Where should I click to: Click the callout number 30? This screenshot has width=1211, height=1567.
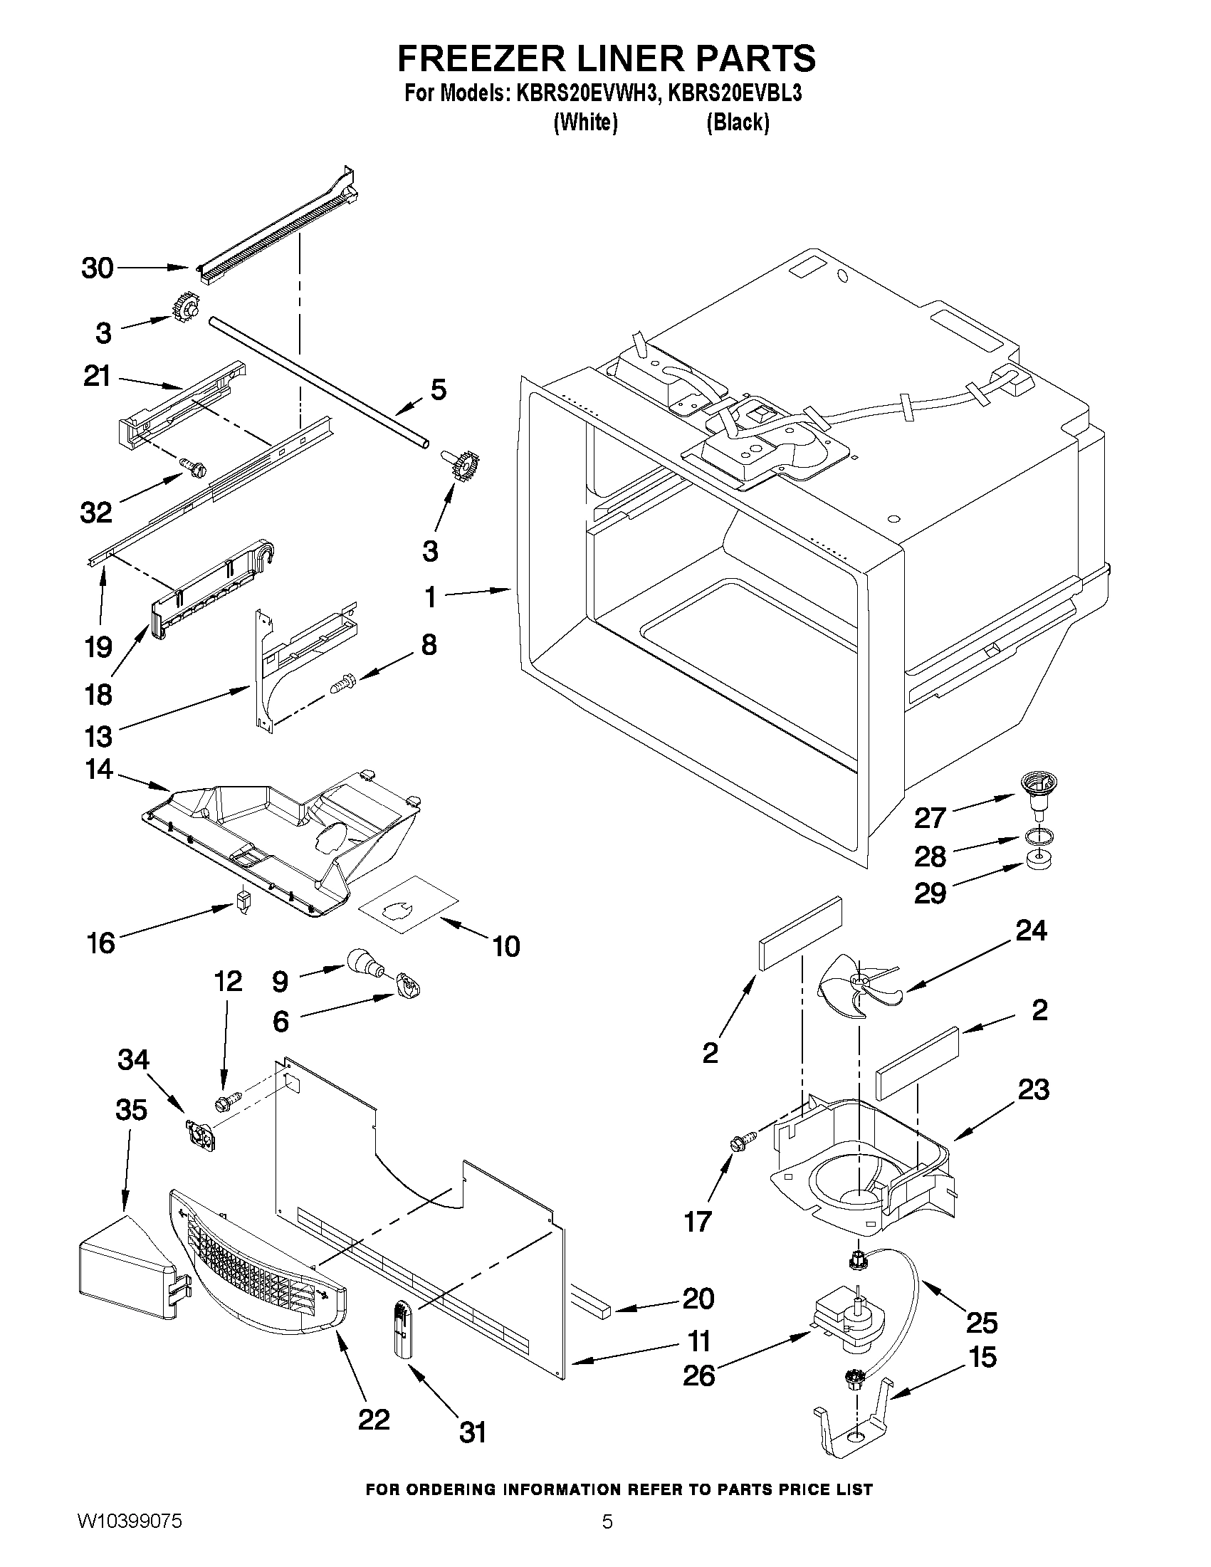tap(98, 268)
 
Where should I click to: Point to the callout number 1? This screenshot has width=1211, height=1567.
tap(431, 597)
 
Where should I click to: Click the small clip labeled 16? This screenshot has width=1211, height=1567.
tap(244, 901)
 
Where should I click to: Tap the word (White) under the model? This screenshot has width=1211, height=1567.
tap(585, 122)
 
